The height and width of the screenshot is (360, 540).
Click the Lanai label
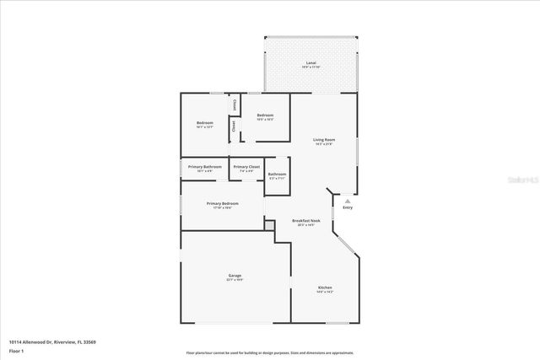[x=311, y=63]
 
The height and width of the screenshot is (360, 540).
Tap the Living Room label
[x=324, y=140]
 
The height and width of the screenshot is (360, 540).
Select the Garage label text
[x=235, y=276]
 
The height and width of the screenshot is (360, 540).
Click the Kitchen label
[x=325, y=287]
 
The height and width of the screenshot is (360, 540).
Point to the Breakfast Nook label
[x=306, y=221]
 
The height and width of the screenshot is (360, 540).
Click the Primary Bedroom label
[x=223, y=203]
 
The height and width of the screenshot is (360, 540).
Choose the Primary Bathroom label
[x=205, y=166]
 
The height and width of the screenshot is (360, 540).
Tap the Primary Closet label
[x=246, y=166]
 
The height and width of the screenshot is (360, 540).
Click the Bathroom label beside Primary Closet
[x=278, y=174]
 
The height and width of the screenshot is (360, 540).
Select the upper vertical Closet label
[x=234, y=105]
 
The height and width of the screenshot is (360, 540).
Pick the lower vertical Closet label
[x=234, y=126]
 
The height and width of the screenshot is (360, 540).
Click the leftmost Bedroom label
[x=205, y=123]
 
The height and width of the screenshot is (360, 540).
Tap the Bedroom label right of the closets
[x=266, y=115]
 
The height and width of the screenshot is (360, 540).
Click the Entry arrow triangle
[x=347, y=201]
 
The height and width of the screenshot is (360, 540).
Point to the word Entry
[x=347, y=207]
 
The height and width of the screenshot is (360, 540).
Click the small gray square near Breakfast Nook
[x=269, y=225]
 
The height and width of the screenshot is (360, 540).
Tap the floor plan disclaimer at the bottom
[x=270, y=352]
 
